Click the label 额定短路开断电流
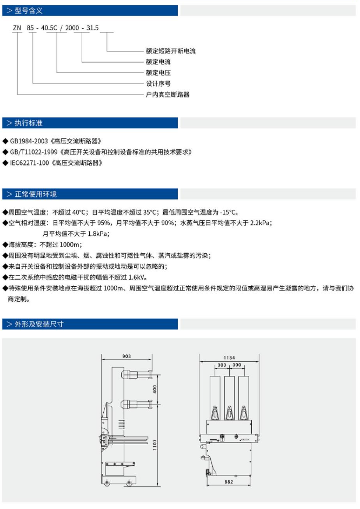pos(170,51)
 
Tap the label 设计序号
pos(158,83)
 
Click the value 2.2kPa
pos(259,223)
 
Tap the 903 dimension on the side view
pos(127,356)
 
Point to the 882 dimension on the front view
pos(230,481)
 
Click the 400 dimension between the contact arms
pos(156,388)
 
